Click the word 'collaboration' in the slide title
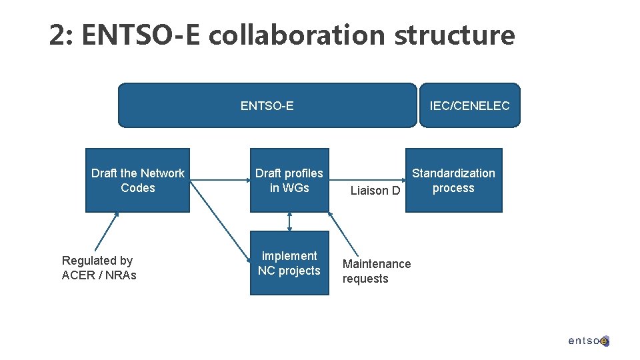[297, 35]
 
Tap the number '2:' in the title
[63, 35]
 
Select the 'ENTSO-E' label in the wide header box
[267, 105]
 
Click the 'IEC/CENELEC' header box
[469, 105]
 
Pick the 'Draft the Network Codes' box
[137, 180]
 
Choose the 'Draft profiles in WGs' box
[289, 180]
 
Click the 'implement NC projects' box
[289, 263]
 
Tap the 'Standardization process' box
[453, 180]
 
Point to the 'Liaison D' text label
[375, 191]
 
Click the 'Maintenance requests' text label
[376, 271]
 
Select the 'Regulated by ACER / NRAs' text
[98, 268]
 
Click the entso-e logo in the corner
[589, 341]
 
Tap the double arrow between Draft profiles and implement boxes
[290, 222]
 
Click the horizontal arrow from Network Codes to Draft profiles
[220, 179]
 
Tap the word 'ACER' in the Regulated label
[78, 275]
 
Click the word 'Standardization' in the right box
[453, 173]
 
